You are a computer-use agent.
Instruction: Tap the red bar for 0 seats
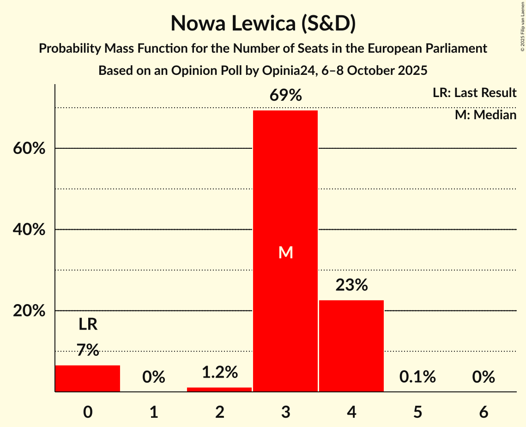[88, 378]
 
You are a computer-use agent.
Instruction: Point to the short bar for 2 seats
[219, 390]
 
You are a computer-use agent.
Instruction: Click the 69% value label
[286, 96]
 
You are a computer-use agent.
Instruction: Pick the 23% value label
[351, 286]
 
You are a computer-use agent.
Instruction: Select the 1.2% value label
[219, 372]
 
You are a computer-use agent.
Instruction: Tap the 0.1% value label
[417, 377]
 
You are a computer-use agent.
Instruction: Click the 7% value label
[88, 350]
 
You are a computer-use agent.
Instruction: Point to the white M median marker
[286, 252]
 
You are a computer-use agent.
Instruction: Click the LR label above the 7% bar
[88, 324]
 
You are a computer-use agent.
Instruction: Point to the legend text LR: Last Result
[474, 93]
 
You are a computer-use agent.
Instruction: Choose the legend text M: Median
[485, 115]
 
